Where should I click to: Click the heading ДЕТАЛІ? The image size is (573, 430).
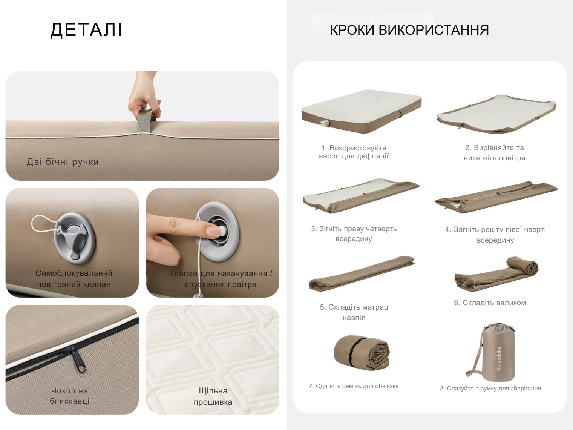tap(86, 30)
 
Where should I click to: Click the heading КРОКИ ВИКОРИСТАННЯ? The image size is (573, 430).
tap(410, 30)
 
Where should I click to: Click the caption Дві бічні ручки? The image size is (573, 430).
tap(63, 162)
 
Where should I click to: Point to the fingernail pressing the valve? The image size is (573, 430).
tap(213, 231)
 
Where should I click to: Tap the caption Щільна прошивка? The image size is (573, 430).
tap(213, 396)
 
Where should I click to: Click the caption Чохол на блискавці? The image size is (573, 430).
tap(70, 396)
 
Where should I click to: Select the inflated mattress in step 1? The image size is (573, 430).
tap(361, 111)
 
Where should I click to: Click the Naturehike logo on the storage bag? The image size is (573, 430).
tap(499, 358)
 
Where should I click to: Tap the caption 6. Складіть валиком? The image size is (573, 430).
tap(490, 303)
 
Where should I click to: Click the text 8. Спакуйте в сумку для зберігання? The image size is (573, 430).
tap(490, 389)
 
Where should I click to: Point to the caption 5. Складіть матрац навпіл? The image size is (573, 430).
tap(354, 312)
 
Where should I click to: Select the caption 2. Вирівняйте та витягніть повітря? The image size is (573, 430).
tap(495, 153)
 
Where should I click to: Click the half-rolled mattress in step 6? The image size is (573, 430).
tap(496, 274)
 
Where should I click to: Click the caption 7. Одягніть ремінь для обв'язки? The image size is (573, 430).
tap(354, 386)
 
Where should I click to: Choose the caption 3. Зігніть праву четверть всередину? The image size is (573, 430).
tap(354, 233)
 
